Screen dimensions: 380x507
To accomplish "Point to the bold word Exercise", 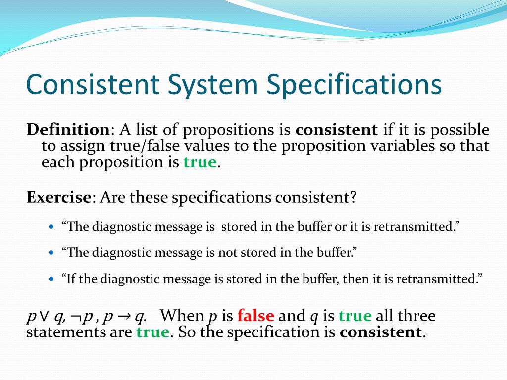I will click(58, 198).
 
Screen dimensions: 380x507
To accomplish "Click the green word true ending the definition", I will click(200, 162).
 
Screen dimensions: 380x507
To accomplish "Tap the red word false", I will click(255, 316).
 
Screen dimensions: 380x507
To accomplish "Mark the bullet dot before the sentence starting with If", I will click(53, 279).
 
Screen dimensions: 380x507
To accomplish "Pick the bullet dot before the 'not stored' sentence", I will click(53, 253).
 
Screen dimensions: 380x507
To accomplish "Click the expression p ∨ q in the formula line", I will click(46, 316).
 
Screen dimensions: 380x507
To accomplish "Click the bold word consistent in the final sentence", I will click(380, 332).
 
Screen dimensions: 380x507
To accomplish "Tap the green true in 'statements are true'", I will click(152, 332).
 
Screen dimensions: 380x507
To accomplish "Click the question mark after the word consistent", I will click(353, 198).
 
